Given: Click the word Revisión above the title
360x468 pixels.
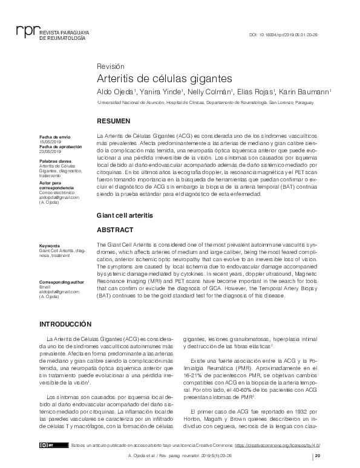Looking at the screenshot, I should [111, 65].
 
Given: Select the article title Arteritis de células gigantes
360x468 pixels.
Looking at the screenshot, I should [165, 79].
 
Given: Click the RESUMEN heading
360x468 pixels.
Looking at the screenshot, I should [113, 121].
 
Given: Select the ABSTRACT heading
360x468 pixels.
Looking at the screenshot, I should [115, 230].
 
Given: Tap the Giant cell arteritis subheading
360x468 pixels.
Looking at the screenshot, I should [125, 215].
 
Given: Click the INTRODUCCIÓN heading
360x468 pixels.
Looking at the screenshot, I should [65, 307].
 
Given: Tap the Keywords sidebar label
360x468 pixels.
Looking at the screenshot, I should [50, 246].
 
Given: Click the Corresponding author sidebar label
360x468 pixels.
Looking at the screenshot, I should [62, 282].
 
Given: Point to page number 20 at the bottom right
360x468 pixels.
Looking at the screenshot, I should [318, 457].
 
